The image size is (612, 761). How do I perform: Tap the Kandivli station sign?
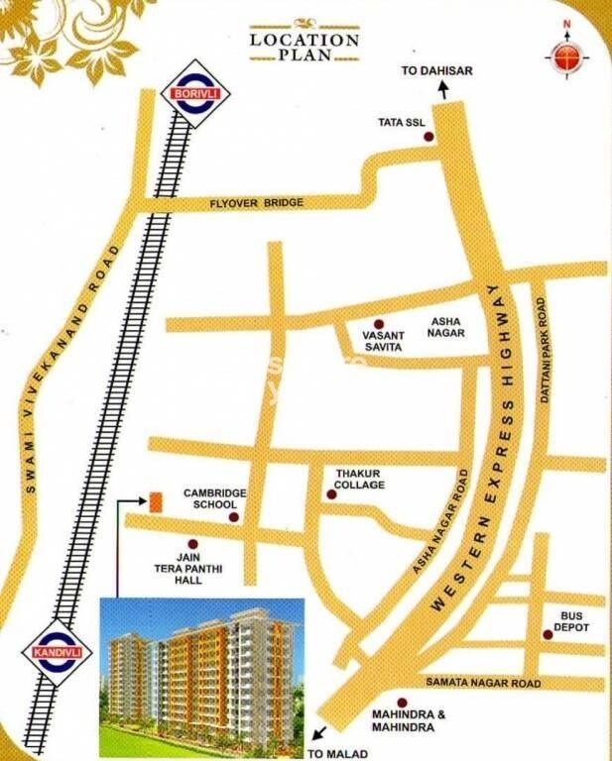point(50,655)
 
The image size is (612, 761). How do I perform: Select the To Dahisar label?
point(435,71)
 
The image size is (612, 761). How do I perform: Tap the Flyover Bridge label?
point(256,203)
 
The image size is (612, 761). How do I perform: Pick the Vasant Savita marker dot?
point(377,324)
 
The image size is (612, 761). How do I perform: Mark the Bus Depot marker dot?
point(547,634)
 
